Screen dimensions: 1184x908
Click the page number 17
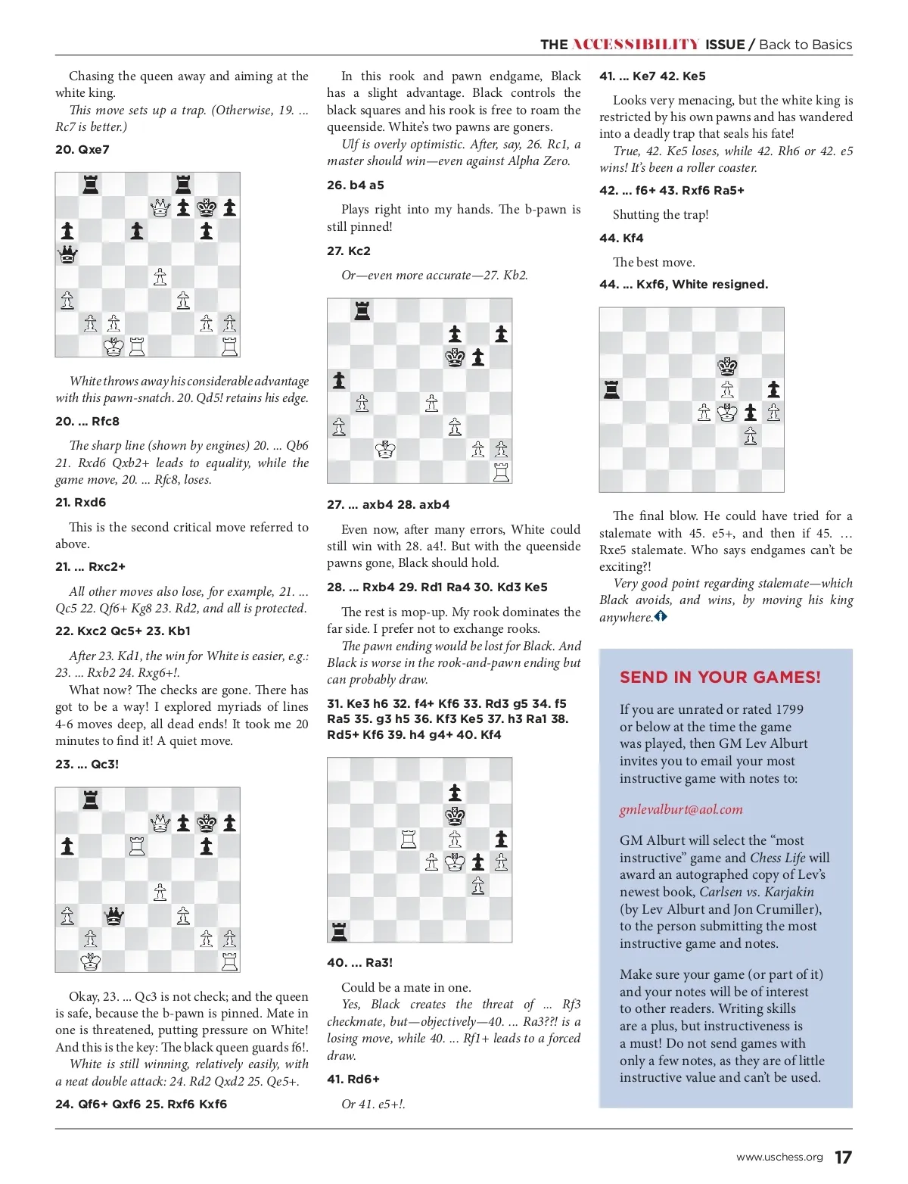coord(843,1157)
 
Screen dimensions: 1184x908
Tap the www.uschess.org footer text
coord(779,1158)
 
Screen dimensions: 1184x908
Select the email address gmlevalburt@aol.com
coord(681,809)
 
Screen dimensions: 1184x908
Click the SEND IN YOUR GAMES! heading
coord(720,678)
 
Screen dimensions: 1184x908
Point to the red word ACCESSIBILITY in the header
coord(636,45)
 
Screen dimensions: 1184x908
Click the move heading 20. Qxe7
coord(82,150)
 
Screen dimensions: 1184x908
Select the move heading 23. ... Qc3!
coord(87,765)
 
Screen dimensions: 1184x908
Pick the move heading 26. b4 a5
coord(356,185)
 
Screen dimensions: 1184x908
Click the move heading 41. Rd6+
coord(353,1080)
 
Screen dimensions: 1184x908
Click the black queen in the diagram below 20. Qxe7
coord(67,254)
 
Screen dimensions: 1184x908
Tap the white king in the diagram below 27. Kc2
coord(385,450)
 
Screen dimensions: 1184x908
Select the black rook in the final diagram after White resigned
coord(611,390)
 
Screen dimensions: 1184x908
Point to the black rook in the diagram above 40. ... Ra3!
coord(339,931)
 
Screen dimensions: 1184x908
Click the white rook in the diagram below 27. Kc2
coord(501,472)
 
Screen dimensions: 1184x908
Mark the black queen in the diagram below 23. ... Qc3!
coord(113,916)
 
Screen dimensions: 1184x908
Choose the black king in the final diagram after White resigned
coord(727,367)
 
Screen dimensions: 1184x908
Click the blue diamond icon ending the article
coord(661,617)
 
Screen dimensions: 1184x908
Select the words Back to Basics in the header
coord(805,45)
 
